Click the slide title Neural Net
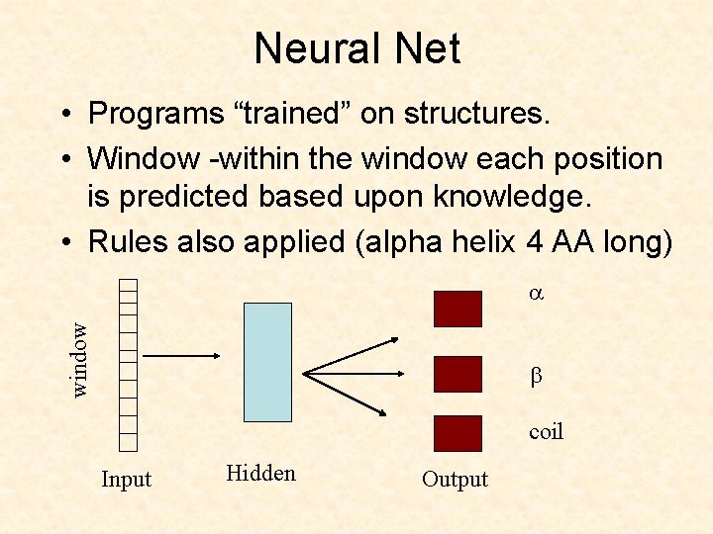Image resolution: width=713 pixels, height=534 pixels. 356,48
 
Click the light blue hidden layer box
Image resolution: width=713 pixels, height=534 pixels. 267,363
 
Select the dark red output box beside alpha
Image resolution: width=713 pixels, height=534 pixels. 458,307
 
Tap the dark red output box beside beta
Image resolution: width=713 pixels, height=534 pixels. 458,375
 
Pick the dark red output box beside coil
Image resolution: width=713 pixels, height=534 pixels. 458,433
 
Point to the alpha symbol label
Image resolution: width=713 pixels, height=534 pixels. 537,294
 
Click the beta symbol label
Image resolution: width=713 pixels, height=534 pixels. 536,377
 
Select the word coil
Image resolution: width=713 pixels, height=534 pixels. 546,431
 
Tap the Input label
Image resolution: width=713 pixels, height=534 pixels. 127,480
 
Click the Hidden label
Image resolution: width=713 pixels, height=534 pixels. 260,473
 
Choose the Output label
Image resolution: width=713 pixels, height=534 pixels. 455,480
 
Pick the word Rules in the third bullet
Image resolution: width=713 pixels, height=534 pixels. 124,243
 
